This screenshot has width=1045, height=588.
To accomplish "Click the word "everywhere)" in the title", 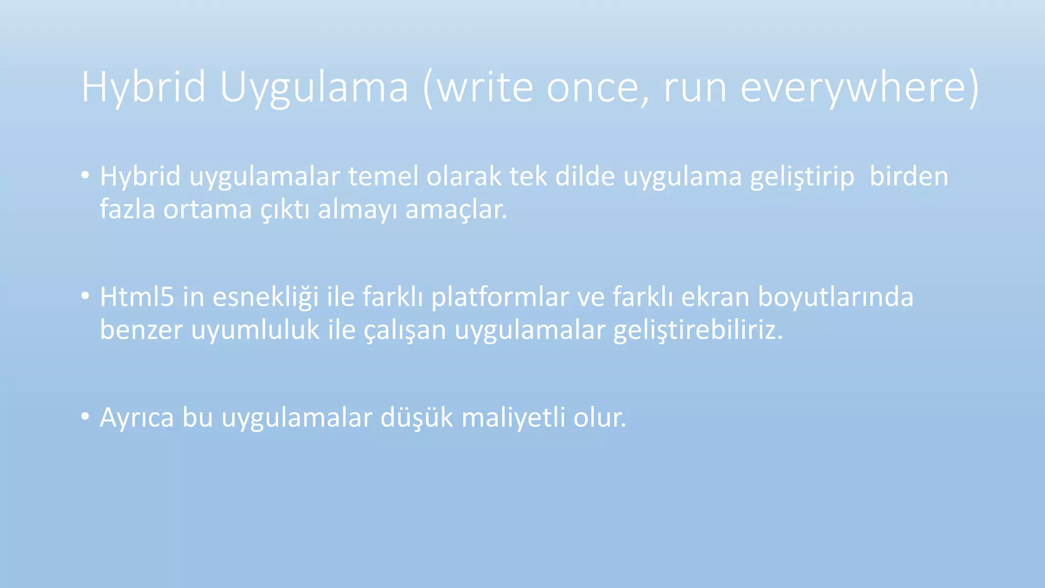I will click(x=859, y=88).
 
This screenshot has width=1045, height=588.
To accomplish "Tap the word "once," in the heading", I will click(x=598, y=88).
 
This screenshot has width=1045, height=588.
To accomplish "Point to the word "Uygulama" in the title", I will click(x=314, y=88).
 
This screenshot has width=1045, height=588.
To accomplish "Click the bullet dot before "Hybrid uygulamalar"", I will click(x=85, y=176).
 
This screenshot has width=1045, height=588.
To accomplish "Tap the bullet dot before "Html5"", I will click(x=85, y=296).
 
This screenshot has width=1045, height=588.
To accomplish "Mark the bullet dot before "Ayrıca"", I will click(x=85, y=416).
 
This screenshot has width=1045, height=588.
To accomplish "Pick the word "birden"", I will click(x=909, y=177).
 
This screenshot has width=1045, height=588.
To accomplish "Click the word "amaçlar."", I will click(x=456, y=210).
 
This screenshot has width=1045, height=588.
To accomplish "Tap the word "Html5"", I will click(x=137, y=297).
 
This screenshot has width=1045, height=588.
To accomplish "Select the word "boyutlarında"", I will click(x=835, y=297).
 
